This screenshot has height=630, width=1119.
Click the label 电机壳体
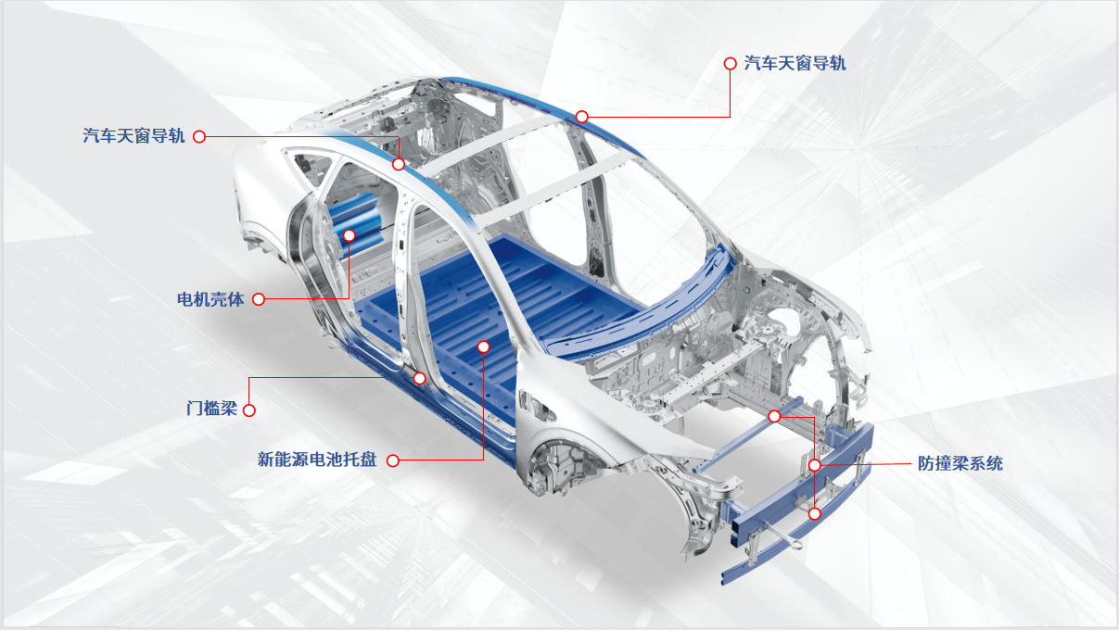pos(210,299)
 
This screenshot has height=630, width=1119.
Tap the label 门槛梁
pos(211,409)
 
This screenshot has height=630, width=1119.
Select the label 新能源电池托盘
pos(317,460)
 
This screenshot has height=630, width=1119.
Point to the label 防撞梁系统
pos(960,464)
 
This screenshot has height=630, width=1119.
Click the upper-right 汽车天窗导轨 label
pos(795,63)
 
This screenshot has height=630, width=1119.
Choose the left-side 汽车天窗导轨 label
pos(134,136)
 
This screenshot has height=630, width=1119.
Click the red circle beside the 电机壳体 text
pos(259,299)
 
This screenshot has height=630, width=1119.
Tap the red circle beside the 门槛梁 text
pos(249,410)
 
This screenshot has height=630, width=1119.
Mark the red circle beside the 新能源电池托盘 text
pos(393,460)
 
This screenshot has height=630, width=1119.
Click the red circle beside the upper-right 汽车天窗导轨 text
pos(731,63)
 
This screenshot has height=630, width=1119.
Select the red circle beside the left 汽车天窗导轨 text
pos(199,137)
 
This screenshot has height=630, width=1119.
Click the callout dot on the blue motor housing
pos(350,235)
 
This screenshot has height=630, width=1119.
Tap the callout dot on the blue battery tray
pos(484,346)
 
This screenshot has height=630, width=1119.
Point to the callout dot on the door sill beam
pos(420,378)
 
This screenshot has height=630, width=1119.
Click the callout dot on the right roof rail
pos(581,117)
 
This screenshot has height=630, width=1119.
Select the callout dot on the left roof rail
pos(398,164)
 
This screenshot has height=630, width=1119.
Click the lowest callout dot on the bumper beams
pos(815,513)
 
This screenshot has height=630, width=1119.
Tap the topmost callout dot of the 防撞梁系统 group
pos(774,416)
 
